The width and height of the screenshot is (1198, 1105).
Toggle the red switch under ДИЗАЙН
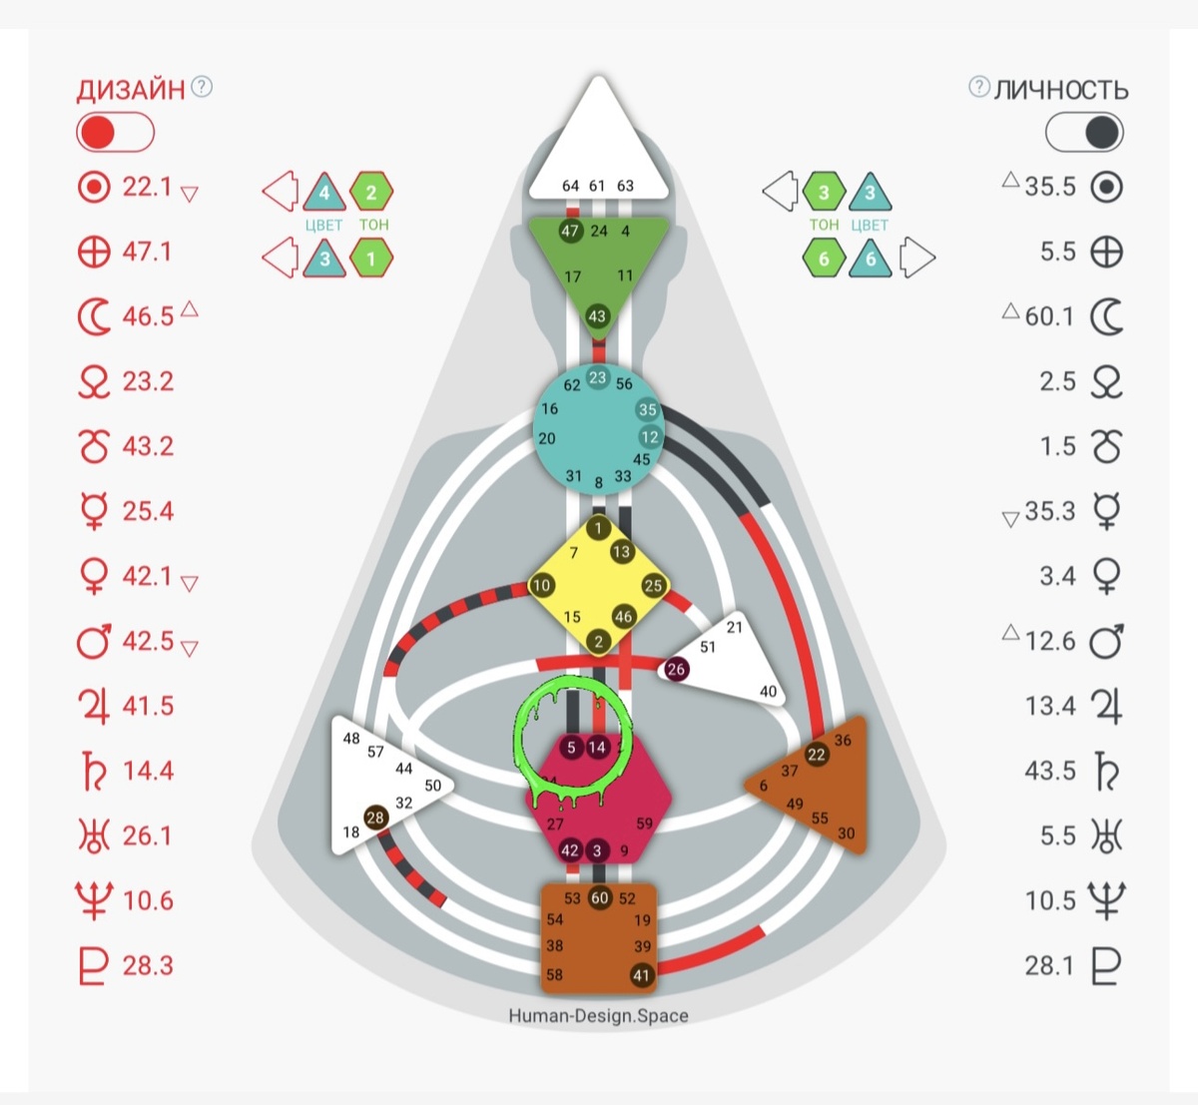click(115, 133)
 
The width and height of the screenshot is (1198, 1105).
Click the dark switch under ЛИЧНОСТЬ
click(1084, 133)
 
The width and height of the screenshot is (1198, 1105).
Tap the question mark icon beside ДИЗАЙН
click(202, 87)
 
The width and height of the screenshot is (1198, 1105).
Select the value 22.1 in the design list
click(147, 187)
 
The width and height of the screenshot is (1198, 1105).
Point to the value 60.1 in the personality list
click(1048, 316)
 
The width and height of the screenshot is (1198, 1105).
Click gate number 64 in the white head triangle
click(570, 186)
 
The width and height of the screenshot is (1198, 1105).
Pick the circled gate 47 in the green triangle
click(570, 231)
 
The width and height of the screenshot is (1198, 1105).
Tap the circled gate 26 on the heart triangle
click(676, 669)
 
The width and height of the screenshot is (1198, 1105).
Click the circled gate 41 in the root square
click(641, 975)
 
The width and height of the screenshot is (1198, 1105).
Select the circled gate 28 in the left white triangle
click(375, 818)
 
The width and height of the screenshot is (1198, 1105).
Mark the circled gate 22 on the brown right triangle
click(817, 754)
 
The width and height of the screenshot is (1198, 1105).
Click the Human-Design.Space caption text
click(598, 1016)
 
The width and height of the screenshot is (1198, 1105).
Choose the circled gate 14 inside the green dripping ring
click(597, 747)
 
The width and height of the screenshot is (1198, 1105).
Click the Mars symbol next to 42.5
click(94, 641)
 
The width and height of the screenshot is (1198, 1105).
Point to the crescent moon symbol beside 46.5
click(94, 317)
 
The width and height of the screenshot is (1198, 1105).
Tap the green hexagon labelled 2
click(371, 193)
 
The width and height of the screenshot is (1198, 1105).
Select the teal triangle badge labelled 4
click(323, 193)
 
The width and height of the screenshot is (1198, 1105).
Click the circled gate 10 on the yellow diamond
click(541, 586)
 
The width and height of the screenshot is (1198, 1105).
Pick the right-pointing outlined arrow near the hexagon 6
click(917, 258)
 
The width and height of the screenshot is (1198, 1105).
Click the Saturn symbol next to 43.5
click(1106, 772)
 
